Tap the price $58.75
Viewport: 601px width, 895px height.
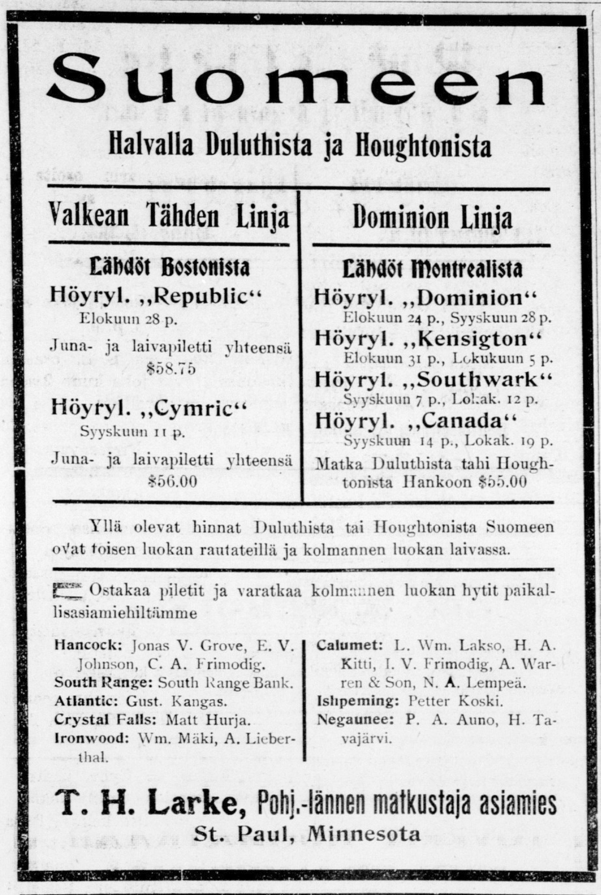tap(171, 369)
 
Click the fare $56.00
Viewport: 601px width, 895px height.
tap(172, 481)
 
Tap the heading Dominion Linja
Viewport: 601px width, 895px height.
tap(432, 218)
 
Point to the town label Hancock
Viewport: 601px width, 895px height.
tap(89, 645)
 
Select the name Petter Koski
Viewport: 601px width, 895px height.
tap(456, 701)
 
